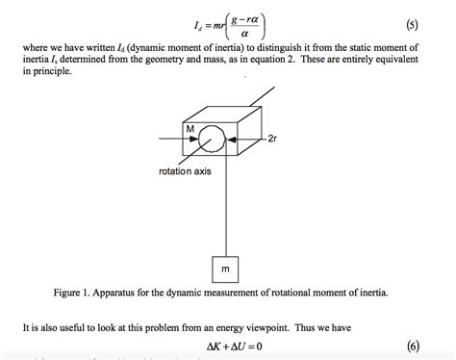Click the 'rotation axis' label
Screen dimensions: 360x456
pos(184,170)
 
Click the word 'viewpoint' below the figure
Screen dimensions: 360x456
pos(300,327)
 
